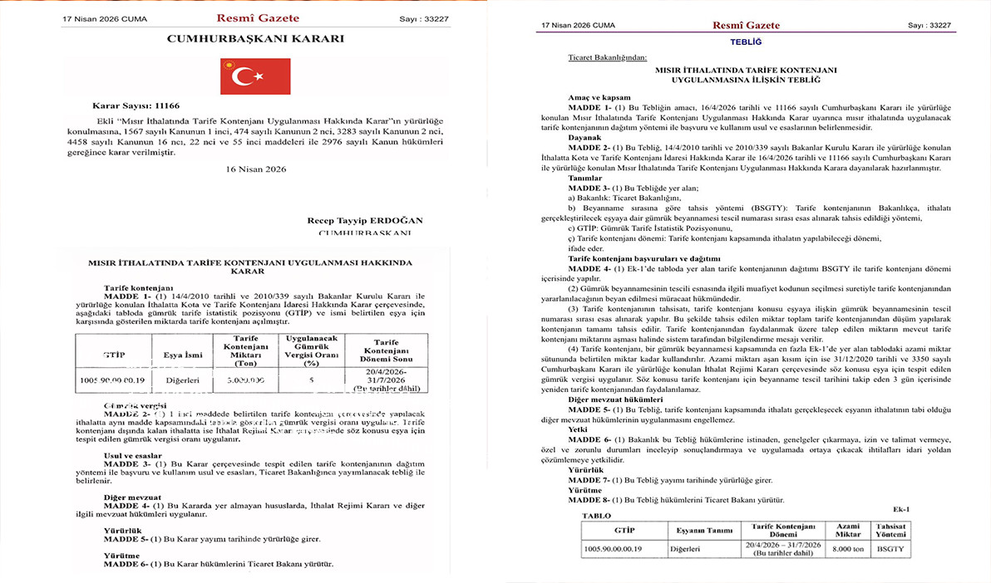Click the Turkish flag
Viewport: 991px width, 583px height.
point(254,76)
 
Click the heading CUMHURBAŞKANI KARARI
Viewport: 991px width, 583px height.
point(255,38)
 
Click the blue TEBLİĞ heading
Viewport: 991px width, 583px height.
point(745,41)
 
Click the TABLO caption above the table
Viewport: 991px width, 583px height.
point(596,515)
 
